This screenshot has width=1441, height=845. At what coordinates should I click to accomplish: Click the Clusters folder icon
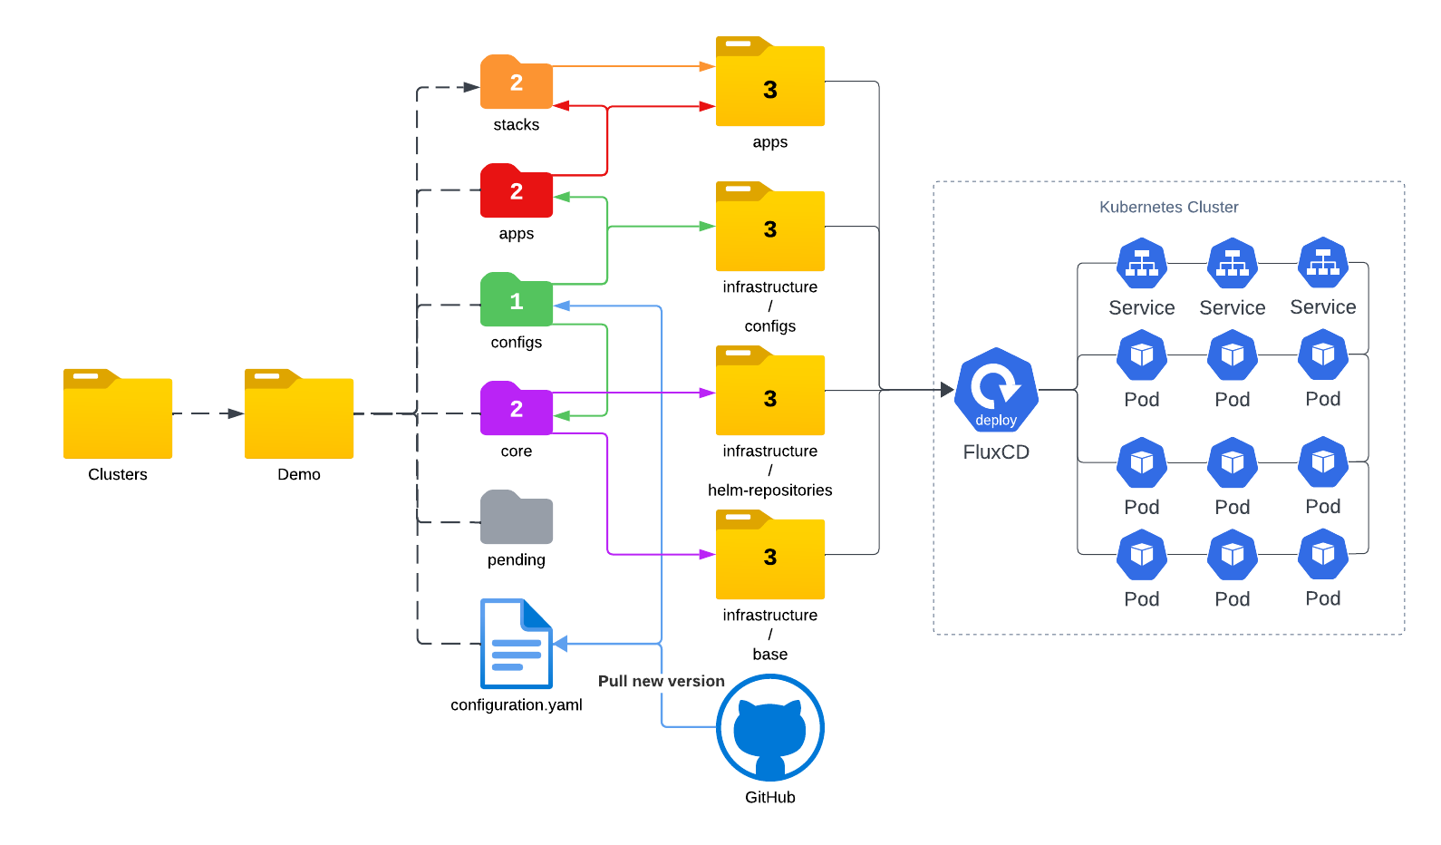point(118,414)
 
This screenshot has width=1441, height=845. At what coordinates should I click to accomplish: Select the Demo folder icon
point(299,414)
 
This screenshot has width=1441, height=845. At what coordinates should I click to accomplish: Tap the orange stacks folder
point(517,83)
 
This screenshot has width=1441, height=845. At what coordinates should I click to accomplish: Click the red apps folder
point(517,191)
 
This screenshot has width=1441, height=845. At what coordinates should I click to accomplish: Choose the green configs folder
point(517,300)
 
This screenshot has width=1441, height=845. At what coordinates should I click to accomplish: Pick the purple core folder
point(517,409)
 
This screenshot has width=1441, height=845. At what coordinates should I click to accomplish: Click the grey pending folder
point(517,518)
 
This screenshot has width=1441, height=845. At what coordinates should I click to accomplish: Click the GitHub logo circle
point(770,727)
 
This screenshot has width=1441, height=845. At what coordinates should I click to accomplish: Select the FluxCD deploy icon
point(996,390)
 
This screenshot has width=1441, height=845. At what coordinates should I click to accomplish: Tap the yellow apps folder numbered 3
point(770,83)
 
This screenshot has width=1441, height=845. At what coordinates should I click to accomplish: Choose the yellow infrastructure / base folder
point(770,555)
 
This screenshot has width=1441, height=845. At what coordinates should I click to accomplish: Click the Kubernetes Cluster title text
point(1169,207)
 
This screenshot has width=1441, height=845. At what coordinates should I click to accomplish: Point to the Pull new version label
point(662,681)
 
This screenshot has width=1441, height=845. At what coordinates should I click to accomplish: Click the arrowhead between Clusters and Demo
point(236,413)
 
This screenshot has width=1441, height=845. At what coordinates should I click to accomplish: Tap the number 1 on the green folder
point(517,302)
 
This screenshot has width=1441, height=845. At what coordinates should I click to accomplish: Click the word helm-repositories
point(770,490)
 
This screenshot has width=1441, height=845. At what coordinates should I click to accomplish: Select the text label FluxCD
point(996,452)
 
